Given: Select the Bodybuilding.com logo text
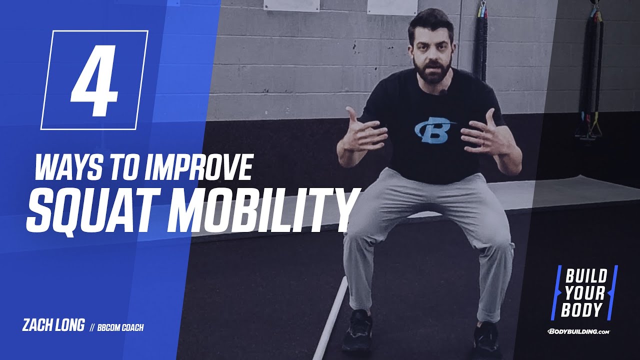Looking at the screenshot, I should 579,331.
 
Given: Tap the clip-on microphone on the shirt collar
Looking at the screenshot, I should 442,91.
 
